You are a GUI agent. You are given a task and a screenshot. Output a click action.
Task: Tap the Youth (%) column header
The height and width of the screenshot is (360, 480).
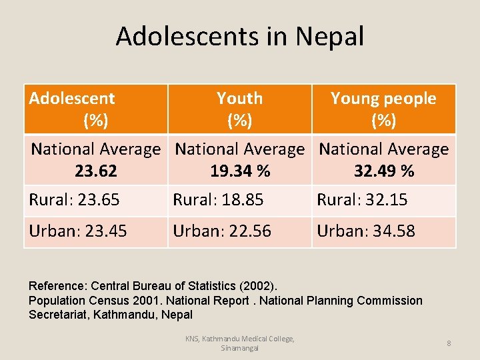coord(239,109)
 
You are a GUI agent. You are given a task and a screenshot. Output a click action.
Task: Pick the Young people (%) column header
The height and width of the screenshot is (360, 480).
coord(383,109)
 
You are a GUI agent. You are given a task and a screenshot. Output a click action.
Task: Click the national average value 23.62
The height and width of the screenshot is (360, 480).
coord(96,171)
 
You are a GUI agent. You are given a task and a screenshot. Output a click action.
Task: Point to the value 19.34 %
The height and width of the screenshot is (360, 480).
coord(240,171)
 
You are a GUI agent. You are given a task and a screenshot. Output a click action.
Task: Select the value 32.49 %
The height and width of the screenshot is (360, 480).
coord(384,171)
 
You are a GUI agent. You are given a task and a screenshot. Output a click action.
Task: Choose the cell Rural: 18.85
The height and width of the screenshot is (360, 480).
coord(218,200)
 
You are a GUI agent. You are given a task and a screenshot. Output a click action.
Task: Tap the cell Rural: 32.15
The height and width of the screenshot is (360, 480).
coord(362,200)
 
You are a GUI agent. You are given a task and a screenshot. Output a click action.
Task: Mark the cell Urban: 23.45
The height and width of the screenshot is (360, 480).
coord(78,231)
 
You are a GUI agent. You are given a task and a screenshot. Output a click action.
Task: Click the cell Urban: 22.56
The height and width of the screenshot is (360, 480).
coord(222,231)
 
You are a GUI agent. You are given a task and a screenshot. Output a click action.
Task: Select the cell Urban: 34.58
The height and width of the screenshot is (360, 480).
coord(366,231)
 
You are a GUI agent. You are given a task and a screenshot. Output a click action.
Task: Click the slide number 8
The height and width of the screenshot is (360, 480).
coord(449,343)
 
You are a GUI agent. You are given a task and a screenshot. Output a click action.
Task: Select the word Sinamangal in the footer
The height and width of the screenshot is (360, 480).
coord(239,348)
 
